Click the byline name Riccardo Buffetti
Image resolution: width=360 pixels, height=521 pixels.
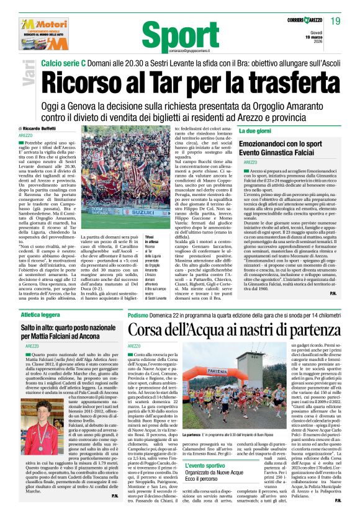[x=42, y=128]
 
